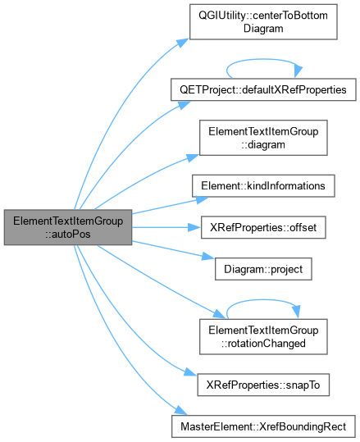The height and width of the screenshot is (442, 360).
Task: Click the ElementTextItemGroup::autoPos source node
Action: click(68, 227)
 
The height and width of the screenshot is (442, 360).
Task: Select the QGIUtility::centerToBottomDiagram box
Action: click(263, 21)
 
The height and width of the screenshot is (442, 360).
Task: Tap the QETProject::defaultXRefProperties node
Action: click(263, 89)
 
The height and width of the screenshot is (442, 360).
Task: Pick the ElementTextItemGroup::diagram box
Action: click(263, 138)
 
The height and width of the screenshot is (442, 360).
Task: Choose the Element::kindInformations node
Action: click(263, 186)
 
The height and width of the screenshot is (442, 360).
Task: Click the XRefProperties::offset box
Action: click(263, 227)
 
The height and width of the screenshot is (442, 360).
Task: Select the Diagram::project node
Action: click(263, 269)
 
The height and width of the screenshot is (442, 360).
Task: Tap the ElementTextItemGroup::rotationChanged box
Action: click(263, 336)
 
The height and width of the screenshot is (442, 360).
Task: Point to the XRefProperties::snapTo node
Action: click(263, 385)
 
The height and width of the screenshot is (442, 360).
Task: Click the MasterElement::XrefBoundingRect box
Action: click(263, 426)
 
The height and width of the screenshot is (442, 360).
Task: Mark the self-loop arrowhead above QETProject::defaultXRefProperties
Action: click(298, 72)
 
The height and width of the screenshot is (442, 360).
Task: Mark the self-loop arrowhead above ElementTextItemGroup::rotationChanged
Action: click(296, 312)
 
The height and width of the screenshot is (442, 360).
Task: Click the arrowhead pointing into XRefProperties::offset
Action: click(194, 227)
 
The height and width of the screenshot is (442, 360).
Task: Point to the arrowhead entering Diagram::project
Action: click(208, 257)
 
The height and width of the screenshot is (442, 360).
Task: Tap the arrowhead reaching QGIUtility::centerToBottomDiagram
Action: click(183, 43)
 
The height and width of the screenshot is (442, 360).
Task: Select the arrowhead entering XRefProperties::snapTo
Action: click(190, 372)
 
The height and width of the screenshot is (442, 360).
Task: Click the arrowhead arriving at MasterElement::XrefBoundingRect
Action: click(180, 410)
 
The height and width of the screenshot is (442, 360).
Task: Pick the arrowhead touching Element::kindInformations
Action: click(202, 199)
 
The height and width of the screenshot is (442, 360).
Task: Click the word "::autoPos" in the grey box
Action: click(68, 234)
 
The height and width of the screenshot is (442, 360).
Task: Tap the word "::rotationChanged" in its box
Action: click(263, 344)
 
